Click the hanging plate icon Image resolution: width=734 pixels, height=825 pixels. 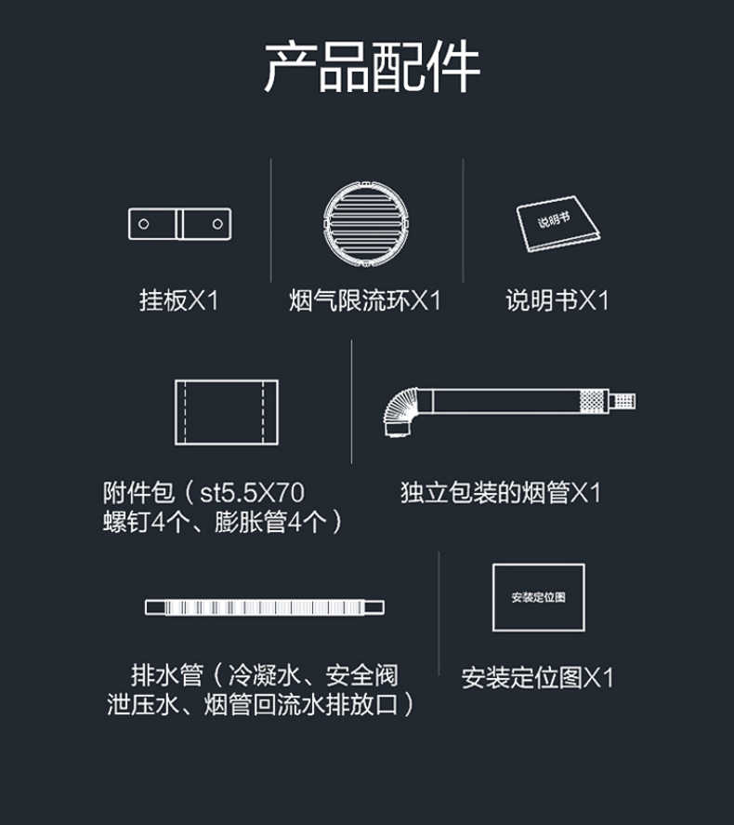coord(181,223)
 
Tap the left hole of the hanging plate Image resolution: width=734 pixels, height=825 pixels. coord(144,223)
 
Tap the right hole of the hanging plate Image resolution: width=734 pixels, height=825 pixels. coord(217,223)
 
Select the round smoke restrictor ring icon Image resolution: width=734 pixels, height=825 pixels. coord(365,225)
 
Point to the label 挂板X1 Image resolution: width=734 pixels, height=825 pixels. coord(178,300)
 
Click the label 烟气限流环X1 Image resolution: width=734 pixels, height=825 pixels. coord(365,300)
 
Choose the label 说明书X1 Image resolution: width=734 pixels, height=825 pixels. coord(557,300)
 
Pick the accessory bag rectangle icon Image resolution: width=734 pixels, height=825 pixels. coord(226,412)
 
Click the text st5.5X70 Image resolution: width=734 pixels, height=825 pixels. coord(252,491)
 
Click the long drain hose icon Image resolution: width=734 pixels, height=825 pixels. coord(265,607)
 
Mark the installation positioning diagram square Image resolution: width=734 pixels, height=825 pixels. coord(538,597)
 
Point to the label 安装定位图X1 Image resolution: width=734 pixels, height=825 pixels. coord(538,677)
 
